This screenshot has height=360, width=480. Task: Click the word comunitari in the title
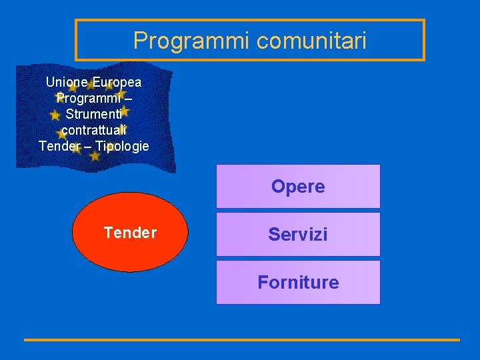click(311, 41)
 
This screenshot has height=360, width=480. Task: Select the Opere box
click(298, 186)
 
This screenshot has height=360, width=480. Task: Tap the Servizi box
click(298, 234)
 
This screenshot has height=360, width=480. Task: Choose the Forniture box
click(298, 282)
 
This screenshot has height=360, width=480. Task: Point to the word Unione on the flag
click(67, 83)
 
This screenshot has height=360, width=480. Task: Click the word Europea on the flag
click(117, 83)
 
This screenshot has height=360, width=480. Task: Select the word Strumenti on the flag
click(93, 114)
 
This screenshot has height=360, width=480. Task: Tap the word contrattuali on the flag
click(93, 130)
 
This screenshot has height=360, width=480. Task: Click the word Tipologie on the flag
click(123, 146)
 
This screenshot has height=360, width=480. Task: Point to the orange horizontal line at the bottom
click(242, 340)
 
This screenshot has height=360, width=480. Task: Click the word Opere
click(298, 187)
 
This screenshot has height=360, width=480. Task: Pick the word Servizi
click(298, 235)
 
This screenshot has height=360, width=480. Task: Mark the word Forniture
click(298, 283)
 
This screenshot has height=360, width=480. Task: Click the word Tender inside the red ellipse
click(130, 233)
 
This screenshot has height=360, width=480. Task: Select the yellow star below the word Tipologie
click(95, 157)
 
